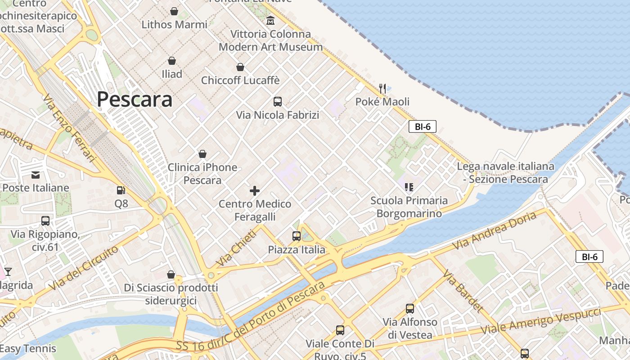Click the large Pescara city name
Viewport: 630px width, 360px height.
(x=135, y=99)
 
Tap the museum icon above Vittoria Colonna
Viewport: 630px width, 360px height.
(x=270, y=20)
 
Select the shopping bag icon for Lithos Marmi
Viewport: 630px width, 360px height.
(x=174, y=11)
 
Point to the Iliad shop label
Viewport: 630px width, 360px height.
(x=172, y=74)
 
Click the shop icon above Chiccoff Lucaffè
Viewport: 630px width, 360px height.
(x=240, y=67)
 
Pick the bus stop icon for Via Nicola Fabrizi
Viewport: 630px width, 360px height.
(x=278, y=102)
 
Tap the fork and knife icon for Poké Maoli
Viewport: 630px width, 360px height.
(x=382, y=88)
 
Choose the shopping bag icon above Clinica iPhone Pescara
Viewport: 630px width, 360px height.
(x=202, y=154)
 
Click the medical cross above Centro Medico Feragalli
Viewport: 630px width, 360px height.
(x=255, y=191)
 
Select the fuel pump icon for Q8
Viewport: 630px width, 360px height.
(x=121, y=191)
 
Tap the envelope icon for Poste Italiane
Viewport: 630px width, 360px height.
(x=36, y=175)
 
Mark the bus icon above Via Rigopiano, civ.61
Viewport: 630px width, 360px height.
(x=45, y=221)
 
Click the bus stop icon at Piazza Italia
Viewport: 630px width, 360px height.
(x=297, y=236)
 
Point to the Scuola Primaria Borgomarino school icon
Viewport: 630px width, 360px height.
(x=409, y=187)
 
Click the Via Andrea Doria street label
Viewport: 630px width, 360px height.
(x=495, y=230)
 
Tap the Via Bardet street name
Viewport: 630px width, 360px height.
(x=463, y=291)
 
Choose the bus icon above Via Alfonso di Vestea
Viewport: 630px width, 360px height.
(x=410, y=309)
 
